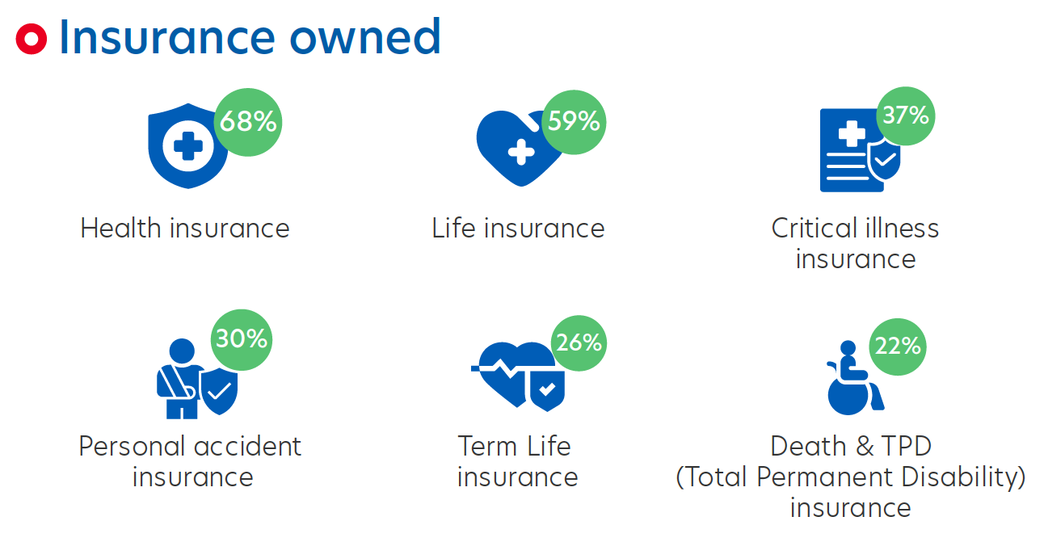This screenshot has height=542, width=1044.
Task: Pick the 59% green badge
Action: (574, 121)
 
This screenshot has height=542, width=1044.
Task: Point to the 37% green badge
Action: (906, 116)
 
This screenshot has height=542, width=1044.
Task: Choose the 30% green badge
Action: (241, 338)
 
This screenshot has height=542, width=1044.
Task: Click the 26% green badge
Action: (579, 342)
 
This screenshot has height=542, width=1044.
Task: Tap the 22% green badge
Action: (897, 346)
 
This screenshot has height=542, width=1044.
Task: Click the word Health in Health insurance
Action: (121, 229)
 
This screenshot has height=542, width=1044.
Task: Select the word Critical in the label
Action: (814, 229)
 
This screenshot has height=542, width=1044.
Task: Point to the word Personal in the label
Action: (133, 447)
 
